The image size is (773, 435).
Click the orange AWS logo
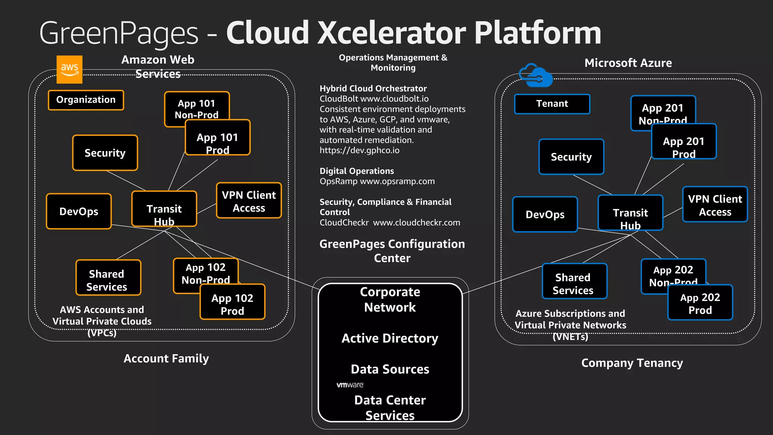coord(69,69)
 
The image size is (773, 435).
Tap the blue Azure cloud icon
coord(535,75)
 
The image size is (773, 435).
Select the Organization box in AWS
coord(86,100)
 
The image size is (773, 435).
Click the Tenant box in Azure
coord(552,104)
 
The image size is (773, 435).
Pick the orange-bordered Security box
coord(105,153)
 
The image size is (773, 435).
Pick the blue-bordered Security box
coord(571,157)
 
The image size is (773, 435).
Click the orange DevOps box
coord(79,211)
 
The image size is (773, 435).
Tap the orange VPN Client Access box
coord(249,201)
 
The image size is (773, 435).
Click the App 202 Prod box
coord(700,303)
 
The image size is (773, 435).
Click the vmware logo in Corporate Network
coord(350,385)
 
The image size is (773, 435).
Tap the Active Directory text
coord(390,338)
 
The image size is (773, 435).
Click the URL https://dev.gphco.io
coord(359,150)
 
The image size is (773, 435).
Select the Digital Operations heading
coord(357,171)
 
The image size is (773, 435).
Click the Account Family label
coord(166,358)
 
